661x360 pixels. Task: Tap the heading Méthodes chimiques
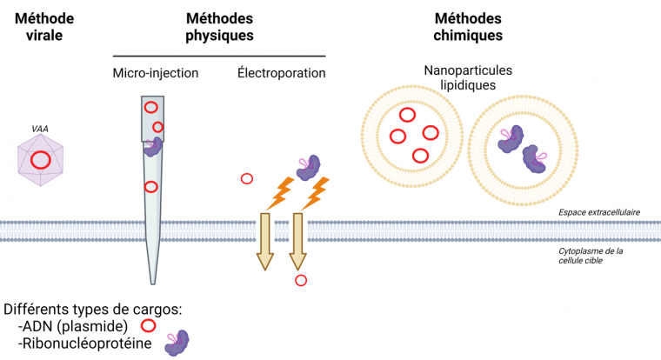pyautogui.click(x=468, y=26)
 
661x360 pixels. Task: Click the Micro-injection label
pyautogui.click(x=156, y=73)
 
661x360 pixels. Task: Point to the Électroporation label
pyautogui.click(x=281, y=73)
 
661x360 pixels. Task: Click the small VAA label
pyautogui.click(x=40, y=129)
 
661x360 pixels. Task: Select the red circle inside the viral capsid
pyautogui.click(x=41, y=160)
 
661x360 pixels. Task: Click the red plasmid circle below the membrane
pyautogui.click(x=301, y=280)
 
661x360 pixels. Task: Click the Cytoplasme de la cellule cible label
pyautogui.click(x=591, y=256)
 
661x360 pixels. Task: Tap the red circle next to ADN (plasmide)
pyautogui.click(x=148, y=326)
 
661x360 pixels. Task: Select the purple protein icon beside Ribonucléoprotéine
pyautogui.click(x=178, y=343)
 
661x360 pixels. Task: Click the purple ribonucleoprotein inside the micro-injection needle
pyautogui.click(x=154, y=146)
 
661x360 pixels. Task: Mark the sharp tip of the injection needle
pyautogui.click(x=154, y=281)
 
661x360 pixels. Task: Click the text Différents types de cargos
pyautogui.click(x=92, y=310)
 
